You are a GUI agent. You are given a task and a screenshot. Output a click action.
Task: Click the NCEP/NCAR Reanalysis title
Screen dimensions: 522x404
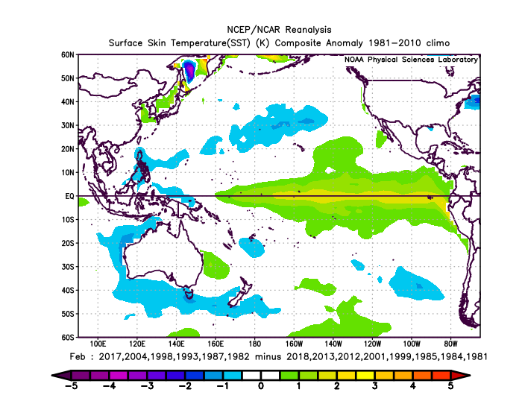click(x=279, y=30)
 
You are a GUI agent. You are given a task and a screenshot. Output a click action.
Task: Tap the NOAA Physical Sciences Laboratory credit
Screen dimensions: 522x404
click(x=411, y=60)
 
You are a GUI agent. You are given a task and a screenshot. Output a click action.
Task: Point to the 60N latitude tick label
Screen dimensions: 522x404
click(x=68, y=55)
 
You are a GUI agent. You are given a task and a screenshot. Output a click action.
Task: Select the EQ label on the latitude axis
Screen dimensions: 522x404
click(x=69, y=196)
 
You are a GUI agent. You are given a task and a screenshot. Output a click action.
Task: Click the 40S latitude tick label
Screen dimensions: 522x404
click(x=68, y=291)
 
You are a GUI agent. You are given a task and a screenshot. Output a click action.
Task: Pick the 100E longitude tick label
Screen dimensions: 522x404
click(x=98, y=344)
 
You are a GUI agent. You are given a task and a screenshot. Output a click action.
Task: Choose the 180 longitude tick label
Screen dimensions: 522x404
click(x=255, y=344)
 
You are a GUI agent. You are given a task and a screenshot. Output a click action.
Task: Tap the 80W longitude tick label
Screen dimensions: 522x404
click(x=450, y=344)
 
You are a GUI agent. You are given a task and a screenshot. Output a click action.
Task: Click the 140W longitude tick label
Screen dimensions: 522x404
click(x=333, y=344)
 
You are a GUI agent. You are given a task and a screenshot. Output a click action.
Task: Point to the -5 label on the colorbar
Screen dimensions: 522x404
click(x=71, y=386)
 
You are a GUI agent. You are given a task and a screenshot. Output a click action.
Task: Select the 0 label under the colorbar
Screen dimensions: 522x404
click(x=261, y=386)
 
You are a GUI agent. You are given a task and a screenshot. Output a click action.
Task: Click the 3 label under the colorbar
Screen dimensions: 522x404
click(x=375, y=386)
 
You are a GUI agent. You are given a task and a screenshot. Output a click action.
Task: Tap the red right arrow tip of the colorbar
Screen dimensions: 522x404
click(x=469, y=376)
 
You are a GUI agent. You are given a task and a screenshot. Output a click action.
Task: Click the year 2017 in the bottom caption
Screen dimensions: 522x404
click(x=110, y=357)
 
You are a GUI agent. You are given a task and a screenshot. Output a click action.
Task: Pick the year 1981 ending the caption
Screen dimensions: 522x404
click(x=477, y=357)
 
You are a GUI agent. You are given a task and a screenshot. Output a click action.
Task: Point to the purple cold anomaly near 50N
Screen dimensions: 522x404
click(x=189, y=71)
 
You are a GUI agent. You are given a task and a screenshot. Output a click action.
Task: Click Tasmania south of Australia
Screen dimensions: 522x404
click(x=189, y=295)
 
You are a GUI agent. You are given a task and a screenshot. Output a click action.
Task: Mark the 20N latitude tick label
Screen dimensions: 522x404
click(x=68, y=149)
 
